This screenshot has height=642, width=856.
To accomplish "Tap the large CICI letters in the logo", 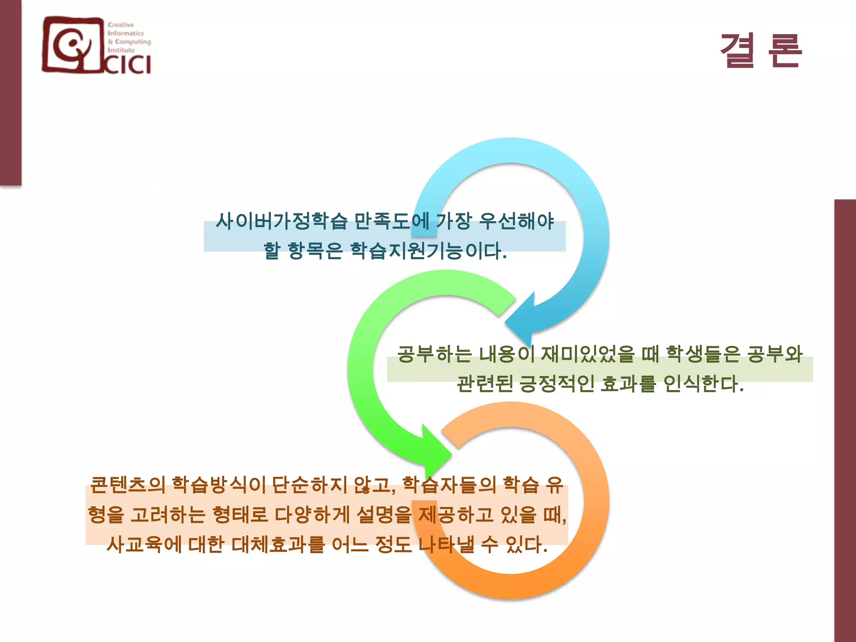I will tap(127, 65).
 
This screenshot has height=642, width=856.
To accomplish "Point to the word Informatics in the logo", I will tap(125, 33).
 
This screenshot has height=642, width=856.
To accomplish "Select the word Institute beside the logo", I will tap(121, 50).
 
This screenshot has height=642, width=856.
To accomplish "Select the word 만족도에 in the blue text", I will tap(391, 221).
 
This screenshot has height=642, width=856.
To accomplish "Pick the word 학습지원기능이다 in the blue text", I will tap(428, 251).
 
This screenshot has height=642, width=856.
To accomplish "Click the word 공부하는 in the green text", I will tap(434, 354).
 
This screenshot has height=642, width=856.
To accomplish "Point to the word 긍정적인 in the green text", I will tap(556, 383).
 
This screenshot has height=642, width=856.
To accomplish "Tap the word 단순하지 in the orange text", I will tap(309, 485).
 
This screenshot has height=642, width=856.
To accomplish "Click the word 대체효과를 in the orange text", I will tap(278, 544).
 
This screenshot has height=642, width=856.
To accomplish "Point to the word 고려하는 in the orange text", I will tap(168, 515).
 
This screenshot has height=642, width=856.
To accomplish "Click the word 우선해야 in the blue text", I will tap(516, 221).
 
